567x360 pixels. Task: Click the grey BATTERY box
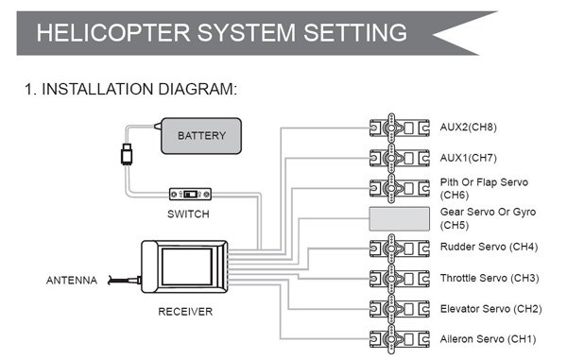click(201, 136)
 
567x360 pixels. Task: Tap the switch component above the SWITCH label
click(190, 194)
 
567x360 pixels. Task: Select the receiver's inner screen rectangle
click(186, 266)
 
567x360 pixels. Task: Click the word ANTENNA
click(72, 280)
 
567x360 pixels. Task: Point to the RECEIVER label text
click(185, 312)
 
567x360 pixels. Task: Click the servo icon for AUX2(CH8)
click(400, 128)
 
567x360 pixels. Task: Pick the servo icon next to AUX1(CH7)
click(400, 158)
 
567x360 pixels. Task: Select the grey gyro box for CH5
click(399, 218)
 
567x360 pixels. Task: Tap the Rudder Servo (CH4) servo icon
click(400, 249)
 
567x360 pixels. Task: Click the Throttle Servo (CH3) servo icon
click(400, 279)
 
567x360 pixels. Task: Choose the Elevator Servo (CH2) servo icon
click(400, 309)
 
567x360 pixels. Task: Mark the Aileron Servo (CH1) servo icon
click(400, 339)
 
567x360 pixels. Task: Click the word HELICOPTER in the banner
click(113, 32)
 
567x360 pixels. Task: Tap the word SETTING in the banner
click(355, 32)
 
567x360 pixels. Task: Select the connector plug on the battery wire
click(127, 154)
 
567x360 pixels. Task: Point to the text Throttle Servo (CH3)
click(490, 278)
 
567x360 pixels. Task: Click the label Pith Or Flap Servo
click(484, 182)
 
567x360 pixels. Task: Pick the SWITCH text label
click(188, 214)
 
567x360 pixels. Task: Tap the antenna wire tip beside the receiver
click(111, 280)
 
